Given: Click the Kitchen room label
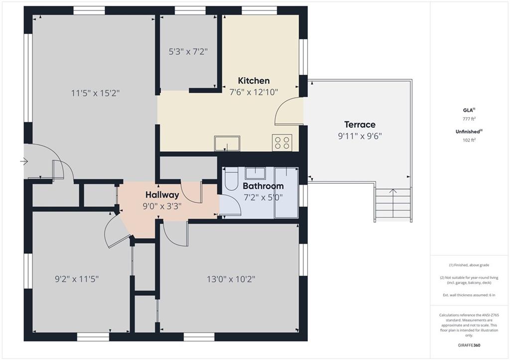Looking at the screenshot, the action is point(254,81).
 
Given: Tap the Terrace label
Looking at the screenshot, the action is point(360,124).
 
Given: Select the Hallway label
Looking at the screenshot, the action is point(162,195).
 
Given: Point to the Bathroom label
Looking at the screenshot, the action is point(263,186).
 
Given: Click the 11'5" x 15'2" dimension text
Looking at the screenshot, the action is point(95,93).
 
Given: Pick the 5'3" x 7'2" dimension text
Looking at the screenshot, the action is point(188,52).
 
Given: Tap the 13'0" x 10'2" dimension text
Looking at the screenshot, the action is point(231,279).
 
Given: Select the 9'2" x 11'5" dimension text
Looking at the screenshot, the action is point(77,279).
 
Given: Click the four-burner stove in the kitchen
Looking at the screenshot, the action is point(282,143).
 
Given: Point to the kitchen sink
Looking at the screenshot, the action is point(227,143).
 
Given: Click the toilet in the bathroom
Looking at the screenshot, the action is point(232,179).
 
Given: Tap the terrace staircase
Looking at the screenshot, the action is point(393,205).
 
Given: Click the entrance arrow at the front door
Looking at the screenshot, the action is point(24,161).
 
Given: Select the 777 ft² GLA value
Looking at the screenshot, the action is point(469,119).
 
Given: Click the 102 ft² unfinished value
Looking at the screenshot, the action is point(469,140).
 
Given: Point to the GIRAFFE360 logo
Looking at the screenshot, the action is point(469,345).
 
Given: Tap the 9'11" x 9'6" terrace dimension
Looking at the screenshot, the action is point(360,136).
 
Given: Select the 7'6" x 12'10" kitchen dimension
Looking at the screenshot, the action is point(254,92).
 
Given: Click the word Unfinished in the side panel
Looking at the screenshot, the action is point(468,132).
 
